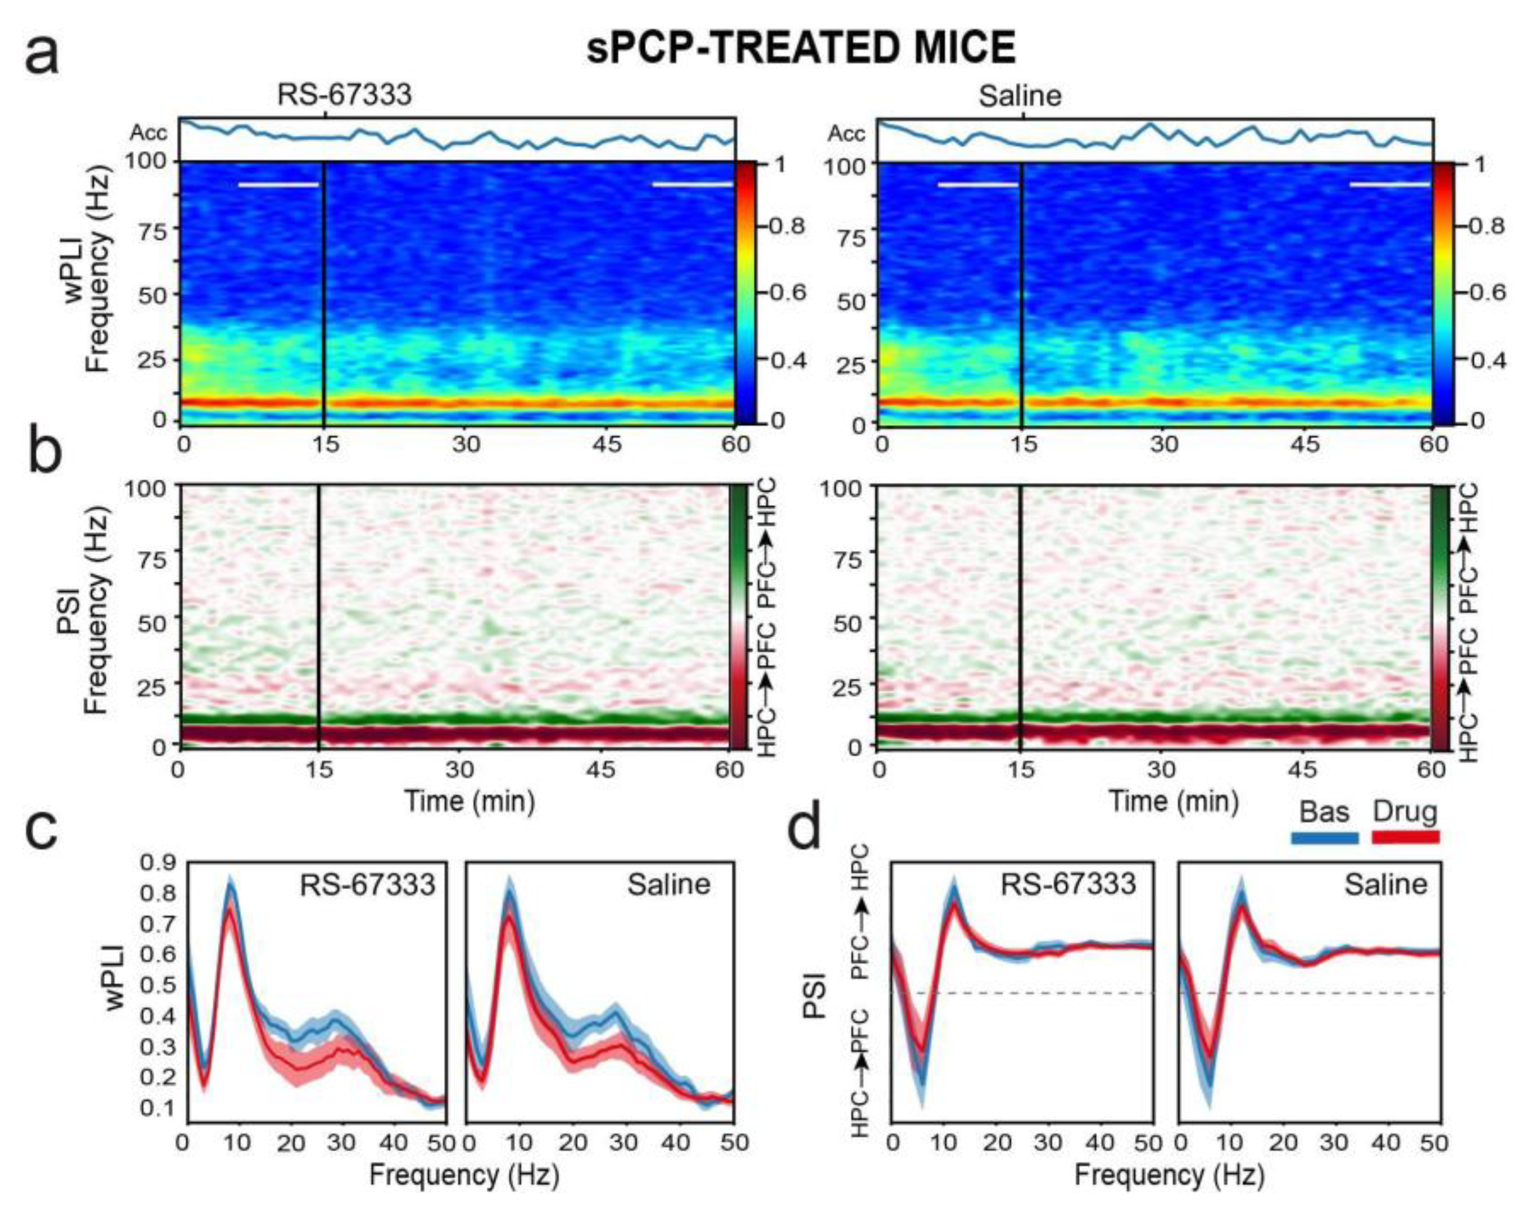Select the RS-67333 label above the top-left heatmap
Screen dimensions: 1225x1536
click(344, 95)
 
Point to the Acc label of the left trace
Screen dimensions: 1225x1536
click(148, 133)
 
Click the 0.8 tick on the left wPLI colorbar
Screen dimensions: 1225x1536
click(786, 227)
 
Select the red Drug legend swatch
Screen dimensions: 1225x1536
click(1406, 838)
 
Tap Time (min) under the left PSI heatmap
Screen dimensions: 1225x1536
click(470, 801)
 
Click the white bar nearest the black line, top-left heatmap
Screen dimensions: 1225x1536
click(279, 185)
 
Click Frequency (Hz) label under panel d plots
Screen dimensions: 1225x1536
click(1169, 1175)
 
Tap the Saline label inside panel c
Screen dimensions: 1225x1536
click(668, 884)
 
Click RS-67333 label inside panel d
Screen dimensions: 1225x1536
click(1068, 884)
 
